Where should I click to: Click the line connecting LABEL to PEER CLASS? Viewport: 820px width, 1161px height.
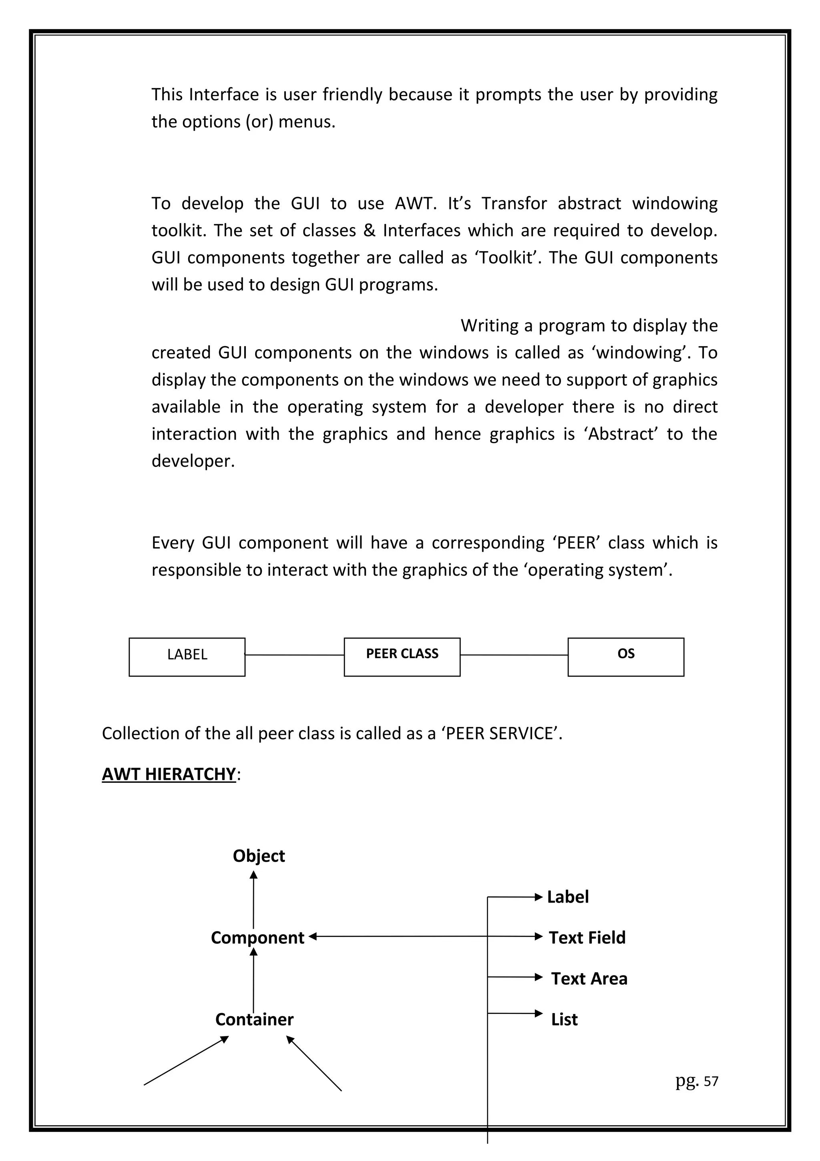pos(295,655)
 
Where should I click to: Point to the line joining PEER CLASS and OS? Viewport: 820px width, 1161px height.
pos(514,655)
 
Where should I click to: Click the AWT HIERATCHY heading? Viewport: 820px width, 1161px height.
pos(169,774)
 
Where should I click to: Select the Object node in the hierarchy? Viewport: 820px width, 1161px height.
pos(259,856)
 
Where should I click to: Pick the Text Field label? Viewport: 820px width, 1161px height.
pos(587,937)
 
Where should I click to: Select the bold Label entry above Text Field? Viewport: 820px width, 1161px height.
pos(568,897)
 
